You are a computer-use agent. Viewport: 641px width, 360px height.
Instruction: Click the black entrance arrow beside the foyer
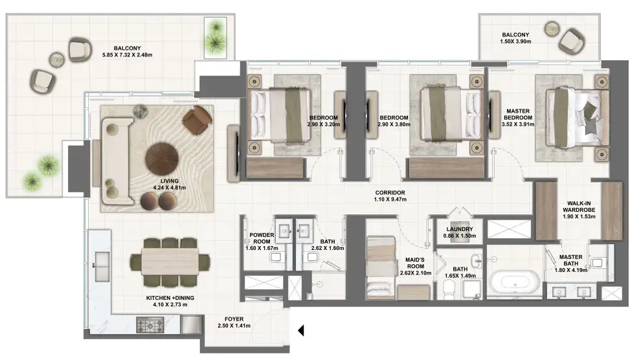301,330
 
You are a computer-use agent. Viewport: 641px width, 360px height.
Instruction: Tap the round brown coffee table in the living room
162,159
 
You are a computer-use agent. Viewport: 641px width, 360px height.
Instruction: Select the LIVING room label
169,181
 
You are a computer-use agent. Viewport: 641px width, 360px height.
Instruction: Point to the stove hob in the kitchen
150,325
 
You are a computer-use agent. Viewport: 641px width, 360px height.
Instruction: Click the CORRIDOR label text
390,193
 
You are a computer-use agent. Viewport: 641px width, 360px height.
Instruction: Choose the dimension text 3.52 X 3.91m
518,124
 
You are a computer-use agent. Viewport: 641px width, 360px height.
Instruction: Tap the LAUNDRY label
460,229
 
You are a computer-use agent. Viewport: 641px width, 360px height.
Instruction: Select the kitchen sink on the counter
102,266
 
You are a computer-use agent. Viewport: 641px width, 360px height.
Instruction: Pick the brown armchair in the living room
197,120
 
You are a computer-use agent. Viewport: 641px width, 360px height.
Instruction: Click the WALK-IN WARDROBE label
579,207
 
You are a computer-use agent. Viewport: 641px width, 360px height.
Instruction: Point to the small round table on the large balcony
57,60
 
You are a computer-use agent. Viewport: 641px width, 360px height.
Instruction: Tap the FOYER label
234,319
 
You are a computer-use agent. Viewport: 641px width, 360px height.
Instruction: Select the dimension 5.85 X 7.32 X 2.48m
127,55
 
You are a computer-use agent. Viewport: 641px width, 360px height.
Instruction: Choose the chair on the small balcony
572,41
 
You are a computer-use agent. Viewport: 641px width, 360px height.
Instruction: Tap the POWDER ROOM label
262,238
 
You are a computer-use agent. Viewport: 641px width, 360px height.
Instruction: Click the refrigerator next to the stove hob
190,325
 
